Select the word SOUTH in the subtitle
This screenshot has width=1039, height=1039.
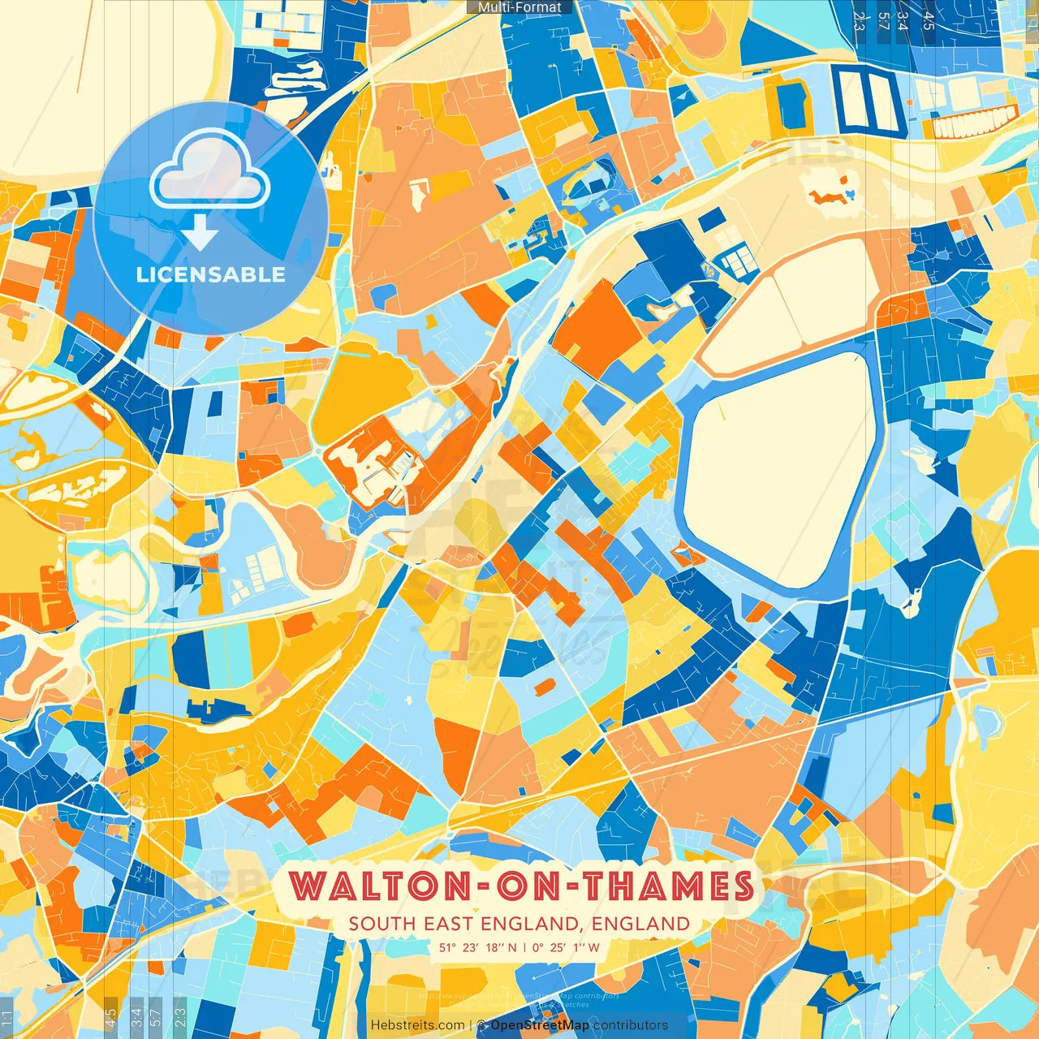pyautogui.click(x=382, y=924)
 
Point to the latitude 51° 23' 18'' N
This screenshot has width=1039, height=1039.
pyautogui.click(x=477, y=947)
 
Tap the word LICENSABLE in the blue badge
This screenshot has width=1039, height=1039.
pyautogui.click(x=210, y=274)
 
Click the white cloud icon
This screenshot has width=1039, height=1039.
pyautogui.click(x=209, y=171)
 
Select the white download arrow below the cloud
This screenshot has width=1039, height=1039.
pyautogui.click(x=199, y=233)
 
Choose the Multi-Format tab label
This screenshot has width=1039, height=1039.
pyautogui.click(x=519, y=7)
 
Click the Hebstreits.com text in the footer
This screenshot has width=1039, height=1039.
pyautogui.click(x=417, y=1025)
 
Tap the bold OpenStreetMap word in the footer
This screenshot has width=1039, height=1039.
pyautogui.click(x=540, y=1025)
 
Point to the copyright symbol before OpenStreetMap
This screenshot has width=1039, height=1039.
pyautogui.click(x=481, y=1025)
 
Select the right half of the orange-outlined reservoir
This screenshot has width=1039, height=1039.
pyautogui.click(x=824, y=292)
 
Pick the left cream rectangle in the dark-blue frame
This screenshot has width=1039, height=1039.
pyautogui.click(x=854, y=99)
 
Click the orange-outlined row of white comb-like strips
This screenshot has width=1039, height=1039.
pyautogui.click(x=973, y=123)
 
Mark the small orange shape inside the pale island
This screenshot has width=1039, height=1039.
pyautogui.click(x=828, y=196)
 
